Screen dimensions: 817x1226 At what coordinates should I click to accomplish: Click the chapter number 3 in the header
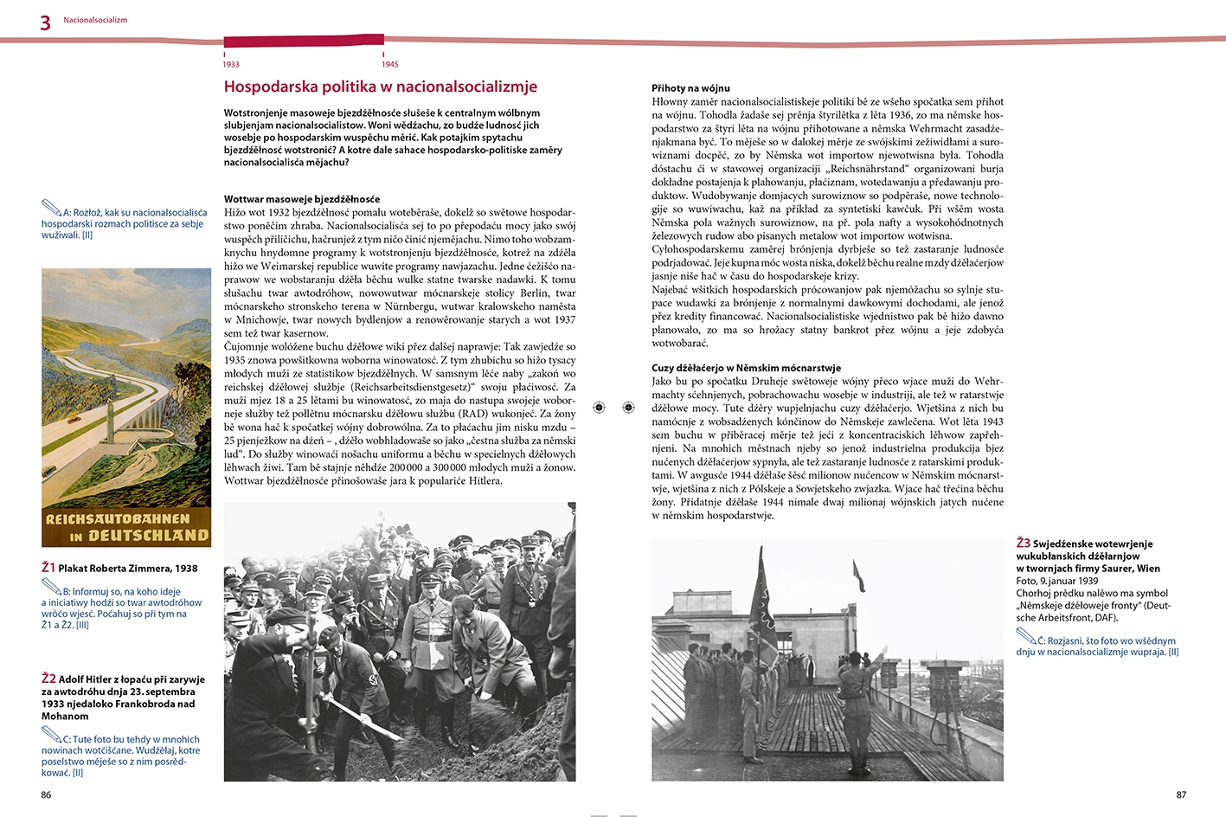tap(46, 23)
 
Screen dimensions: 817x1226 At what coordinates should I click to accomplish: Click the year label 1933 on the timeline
tap(231, 64)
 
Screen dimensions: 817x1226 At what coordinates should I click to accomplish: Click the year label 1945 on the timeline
tap(390, 64)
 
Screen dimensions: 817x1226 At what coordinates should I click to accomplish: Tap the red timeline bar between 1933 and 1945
tap(304, 40)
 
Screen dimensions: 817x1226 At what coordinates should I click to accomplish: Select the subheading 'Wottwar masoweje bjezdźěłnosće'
tap(302, 199)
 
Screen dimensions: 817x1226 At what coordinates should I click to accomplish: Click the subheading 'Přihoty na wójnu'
tap(690, 88)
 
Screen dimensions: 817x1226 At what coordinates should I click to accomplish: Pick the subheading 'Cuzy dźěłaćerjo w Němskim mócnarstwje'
tap(746, 368)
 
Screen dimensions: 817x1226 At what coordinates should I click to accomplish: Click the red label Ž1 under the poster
tap(48, 568)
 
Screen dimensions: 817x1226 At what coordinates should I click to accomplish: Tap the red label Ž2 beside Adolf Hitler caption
tap(48, 679)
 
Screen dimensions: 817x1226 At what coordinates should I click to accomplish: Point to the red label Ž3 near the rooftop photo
tap(1024, 544)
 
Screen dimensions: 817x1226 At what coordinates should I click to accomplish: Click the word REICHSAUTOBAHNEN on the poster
tap(118, 519)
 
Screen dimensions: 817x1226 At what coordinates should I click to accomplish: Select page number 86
tap(46, 794)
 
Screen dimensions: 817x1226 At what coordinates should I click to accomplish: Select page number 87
tap(1181, 794)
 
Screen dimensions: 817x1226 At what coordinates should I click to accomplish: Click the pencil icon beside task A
tap(51, 208)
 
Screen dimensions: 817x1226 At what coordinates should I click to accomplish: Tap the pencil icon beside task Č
tap(1026, 637)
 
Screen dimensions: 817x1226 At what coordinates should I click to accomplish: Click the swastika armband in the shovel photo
tap(374, 679)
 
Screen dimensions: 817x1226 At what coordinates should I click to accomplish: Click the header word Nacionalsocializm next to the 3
tap(95, 20)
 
